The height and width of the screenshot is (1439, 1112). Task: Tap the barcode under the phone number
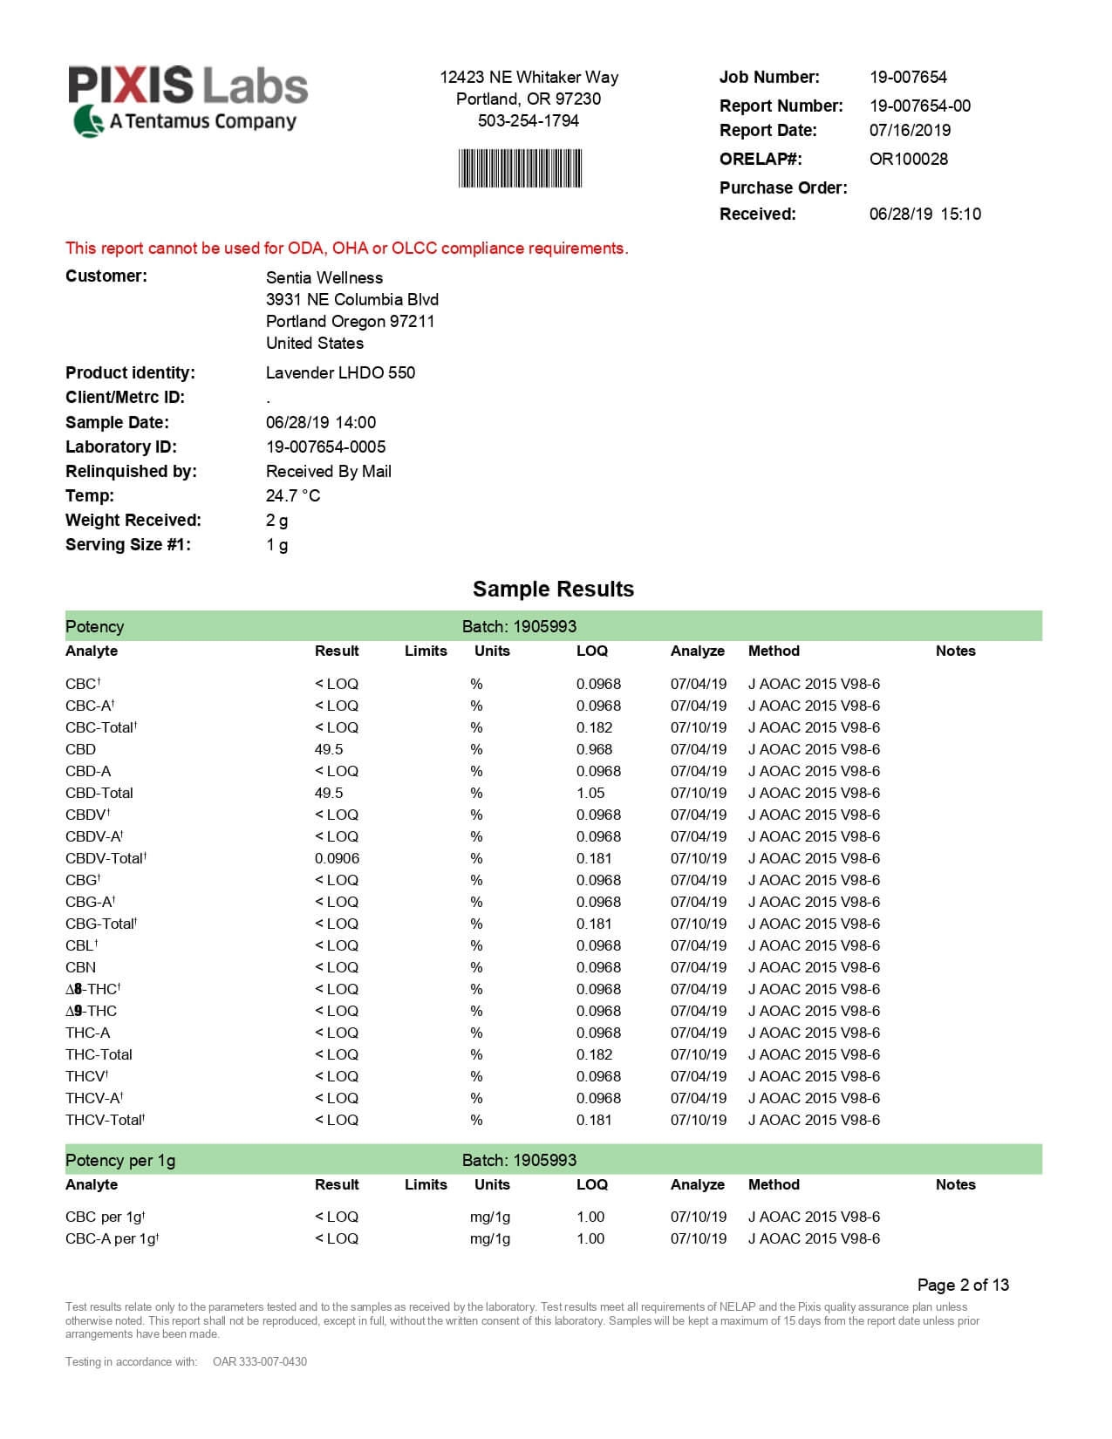coord(520,168)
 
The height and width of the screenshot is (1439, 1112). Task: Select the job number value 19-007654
coord(908,77)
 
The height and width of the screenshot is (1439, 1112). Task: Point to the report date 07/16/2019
coord(910,130)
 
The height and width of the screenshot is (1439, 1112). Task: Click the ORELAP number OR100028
coord(908,159)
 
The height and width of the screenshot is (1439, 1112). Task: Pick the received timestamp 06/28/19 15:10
coord(924,214)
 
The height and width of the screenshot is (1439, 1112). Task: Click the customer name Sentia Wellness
coord(324,277)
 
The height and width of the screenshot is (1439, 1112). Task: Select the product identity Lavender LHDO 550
coord(340,372)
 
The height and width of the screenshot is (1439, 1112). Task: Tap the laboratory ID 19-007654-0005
coord(325,447)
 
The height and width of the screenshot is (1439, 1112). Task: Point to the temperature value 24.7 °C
coord(293,495)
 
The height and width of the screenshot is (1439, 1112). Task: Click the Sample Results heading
coord(553,590)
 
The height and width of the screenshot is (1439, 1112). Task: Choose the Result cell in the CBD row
coord(329,749)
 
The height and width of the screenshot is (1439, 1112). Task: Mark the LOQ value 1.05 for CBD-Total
coord(590,793)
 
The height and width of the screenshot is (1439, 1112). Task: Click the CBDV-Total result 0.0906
coord(337,858)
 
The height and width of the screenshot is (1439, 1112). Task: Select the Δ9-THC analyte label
coord(91,1011)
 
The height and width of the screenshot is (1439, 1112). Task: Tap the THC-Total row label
coord(99,1054)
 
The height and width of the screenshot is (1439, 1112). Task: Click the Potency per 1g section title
coord(120,1160)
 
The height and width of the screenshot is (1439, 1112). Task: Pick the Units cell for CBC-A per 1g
coord(489,1238)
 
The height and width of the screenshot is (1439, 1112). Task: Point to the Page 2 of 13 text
coord(963,1285)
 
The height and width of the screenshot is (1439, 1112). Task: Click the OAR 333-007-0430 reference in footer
coord(260,1361)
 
